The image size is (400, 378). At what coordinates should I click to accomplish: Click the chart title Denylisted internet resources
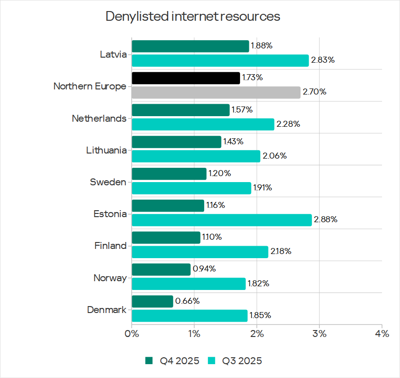[193, 17]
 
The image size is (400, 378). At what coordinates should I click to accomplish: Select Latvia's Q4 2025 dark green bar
[190, 46]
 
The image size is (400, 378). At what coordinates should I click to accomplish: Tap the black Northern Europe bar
[186, 78]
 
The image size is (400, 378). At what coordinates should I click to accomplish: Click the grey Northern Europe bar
[216, 92]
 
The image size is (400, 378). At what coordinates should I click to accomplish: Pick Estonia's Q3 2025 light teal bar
[222, 220]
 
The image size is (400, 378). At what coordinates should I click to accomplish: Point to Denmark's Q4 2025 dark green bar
[153, 301]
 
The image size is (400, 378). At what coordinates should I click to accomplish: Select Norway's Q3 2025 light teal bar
[188, 284]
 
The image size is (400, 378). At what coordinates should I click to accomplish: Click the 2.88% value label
[325, 220]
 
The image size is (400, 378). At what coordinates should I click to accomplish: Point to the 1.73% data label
[253, 78]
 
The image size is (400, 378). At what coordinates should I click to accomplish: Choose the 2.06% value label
[275, 156]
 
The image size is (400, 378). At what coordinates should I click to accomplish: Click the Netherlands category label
[99, 118]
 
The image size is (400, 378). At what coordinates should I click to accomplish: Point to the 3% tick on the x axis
[319, 333]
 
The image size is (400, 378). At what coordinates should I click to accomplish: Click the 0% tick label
[132, 333]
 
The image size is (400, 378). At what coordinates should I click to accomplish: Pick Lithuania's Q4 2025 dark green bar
[176, 142]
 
